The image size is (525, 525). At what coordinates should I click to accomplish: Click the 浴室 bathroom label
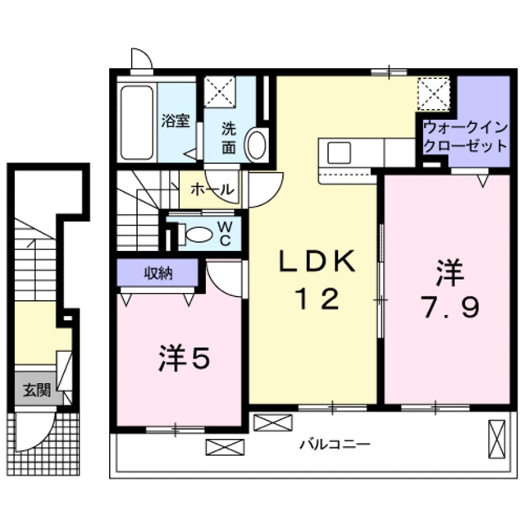coord(176,121)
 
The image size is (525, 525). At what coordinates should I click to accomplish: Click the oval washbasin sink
coord(256,144)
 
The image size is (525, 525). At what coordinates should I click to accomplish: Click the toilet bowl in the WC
coord(199,235)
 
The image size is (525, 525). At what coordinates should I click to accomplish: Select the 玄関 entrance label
coord(36,390)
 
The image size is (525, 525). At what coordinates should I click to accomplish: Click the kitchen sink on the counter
coord(339,152)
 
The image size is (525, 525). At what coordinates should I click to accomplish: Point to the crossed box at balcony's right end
coord(497,436)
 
